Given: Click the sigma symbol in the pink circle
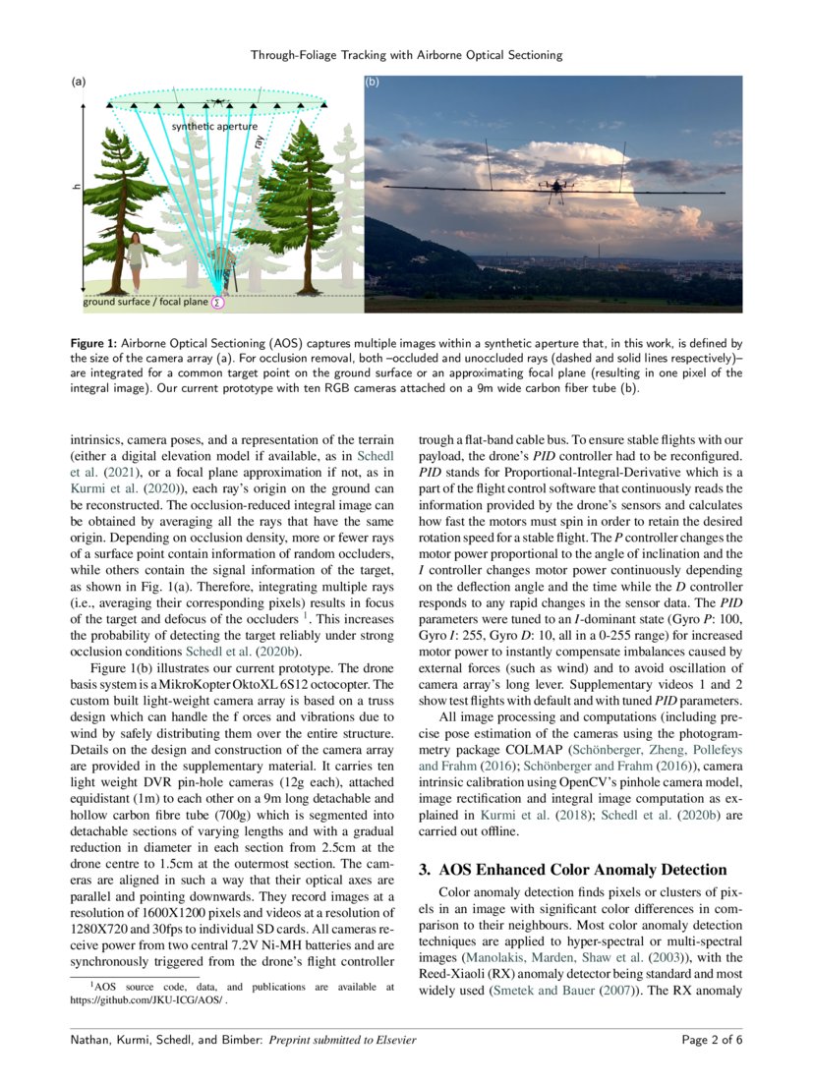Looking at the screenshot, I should click(x=217, y=303).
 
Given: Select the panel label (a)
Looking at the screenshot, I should click(x=78, y=84).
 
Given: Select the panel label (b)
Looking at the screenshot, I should click(x=373, y=84).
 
